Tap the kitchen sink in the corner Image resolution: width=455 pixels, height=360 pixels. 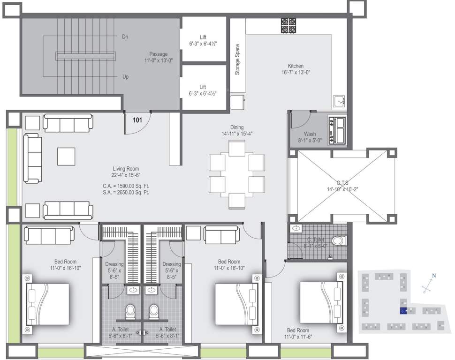pos(339,100)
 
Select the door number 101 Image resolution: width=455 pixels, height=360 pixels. pos(137,120)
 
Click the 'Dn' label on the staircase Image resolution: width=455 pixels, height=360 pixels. pos(125,37)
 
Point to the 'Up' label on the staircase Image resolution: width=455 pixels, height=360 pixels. pos(125,77)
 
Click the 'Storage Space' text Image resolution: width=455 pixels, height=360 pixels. pos(237,60)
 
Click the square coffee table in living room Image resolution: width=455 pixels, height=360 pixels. pos(66,156)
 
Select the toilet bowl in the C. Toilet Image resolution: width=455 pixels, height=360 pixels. pos(337,241)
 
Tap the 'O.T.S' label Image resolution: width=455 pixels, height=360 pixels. pos(342,183)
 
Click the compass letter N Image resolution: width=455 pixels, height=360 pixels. pos(434,276)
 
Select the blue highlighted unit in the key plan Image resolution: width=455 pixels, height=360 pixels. pos(403,311)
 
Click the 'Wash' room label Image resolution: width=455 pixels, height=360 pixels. pos(310,134)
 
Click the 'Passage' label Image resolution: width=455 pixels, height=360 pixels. pos(159,54)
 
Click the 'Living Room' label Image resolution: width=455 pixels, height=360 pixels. pos(126,169)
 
